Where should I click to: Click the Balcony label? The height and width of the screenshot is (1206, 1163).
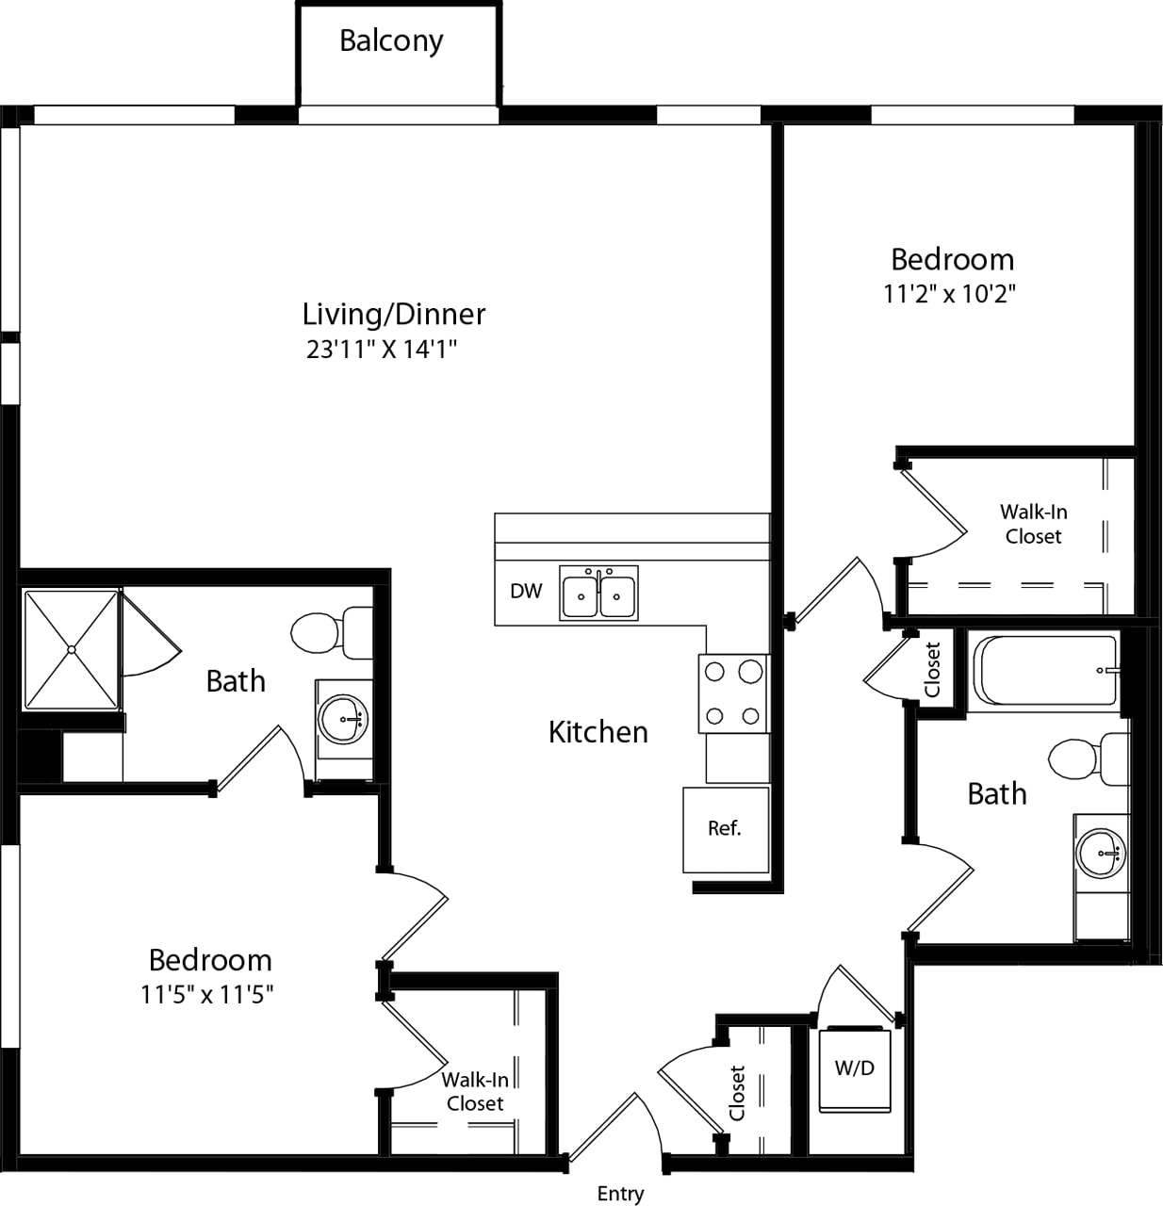[391, 41]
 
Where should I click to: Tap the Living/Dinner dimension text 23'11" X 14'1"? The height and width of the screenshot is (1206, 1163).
[381, 350]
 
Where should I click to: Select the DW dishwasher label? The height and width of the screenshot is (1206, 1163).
[526, 592]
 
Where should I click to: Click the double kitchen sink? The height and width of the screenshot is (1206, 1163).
[598, 593]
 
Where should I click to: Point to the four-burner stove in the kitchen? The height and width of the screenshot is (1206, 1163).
[733, 694]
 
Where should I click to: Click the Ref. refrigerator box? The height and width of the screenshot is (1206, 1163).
[725, 829]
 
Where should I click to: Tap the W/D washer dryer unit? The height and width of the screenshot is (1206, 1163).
[855, 1069]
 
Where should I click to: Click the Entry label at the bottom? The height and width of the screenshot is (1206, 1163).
[620, 1194]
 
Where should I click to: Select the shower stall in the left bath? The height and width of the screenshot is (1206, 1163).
[72, 650]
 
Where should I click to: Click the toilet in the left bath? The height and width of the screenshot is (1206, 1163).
[330, 632]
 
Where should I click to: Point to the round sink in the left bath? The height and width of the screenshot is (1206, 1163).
[342, 721]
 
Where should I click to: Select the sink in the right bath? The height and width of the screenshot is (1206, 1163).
[1101, 854]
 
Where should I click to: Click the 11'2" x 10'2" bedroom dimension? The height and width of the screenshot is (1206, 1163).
[949, 294]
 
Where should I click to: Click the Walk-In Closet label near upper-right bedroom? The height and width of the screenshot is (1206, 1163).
[1033, 524]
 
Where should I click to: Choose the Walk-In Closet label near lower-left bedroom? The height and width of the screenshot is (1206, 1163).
[475, 1091]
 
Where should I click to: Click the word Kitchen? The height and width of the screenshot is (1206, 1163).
[598, 732]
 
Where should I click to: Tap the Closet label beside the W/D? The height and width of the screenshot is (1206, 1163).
[737, 1092]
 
